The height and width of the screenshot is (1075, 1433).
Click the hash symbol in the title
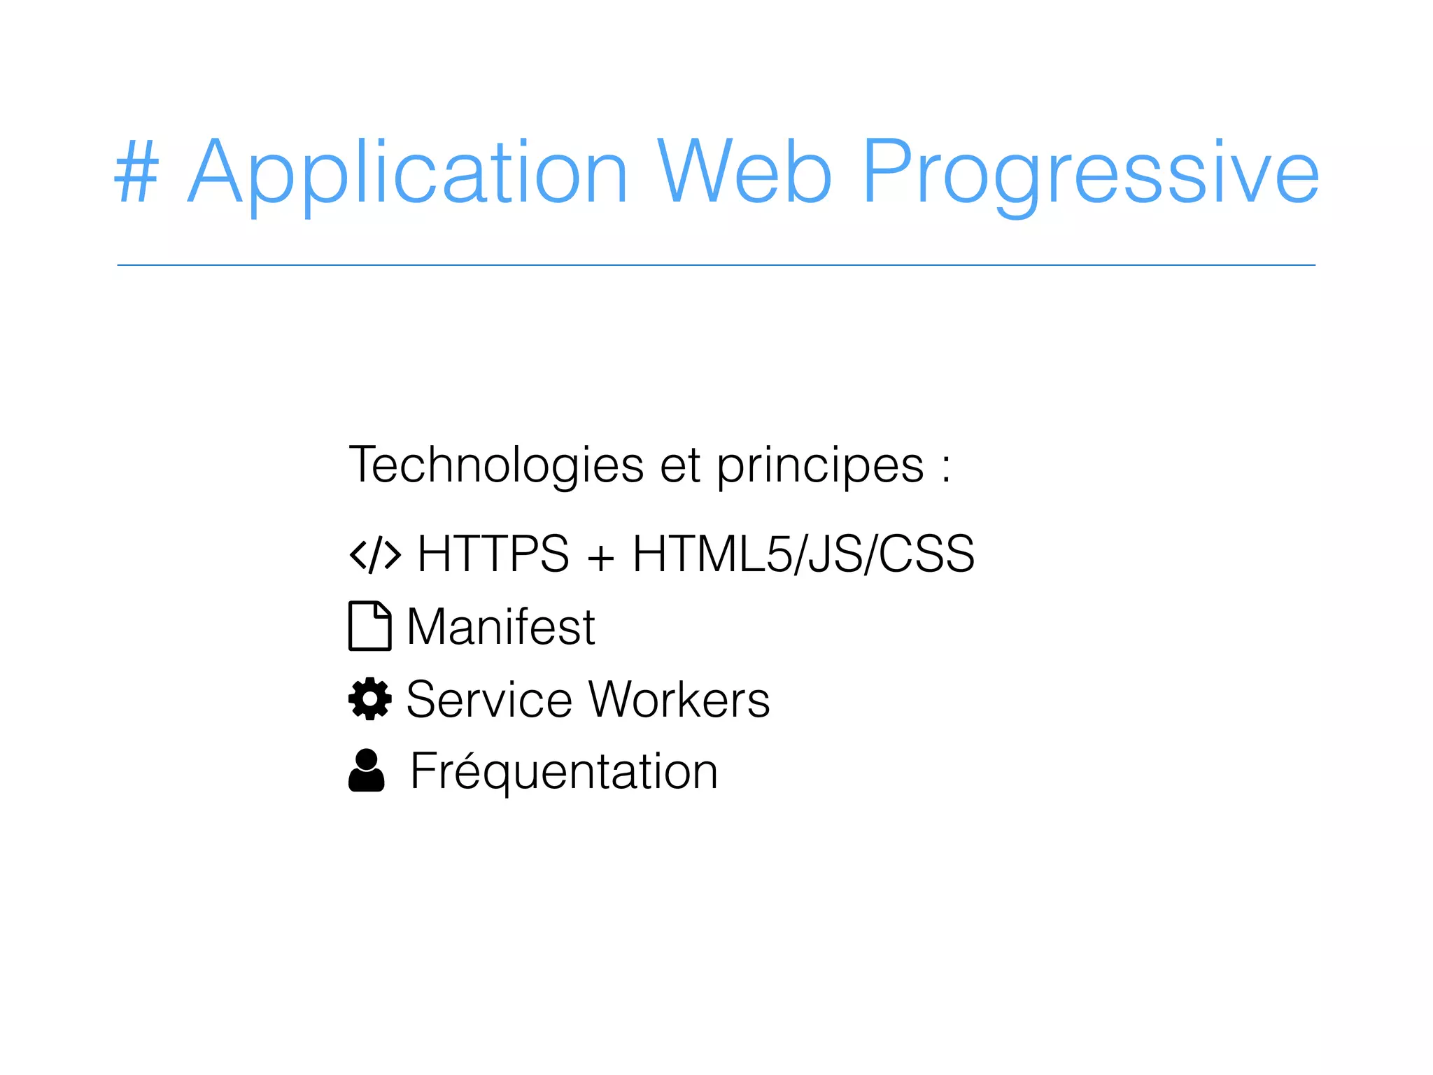(136, 172)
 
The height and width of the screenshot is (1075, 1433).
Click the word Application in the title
(408, 173)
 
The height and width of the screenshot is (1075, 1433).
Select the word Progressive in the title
(1090, 173)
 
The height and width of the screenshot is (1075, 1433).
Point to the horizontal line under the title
(716, 265)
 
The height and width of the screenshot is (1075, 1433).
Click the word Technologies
(496, 465)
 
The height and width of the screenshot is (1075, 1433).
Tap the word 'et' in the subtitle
(680, 465)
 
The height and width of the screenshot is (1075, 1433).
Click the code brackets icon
(376, 555)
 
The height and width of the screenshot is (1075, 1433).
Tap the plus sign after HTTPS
(600, 557)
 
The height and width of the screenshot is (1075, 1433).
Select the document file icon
(369, 626)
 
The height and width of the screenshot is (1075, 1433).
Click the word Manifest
(500, 626)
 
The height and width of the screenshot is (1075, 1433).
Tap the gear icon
(369, 698)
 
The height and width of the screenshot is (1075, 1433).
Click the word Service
(489, 699)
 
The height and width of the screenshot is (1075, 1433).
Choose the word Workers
(679, 699)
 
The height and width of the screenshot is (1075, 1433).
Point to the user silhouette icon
(367, 771)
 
